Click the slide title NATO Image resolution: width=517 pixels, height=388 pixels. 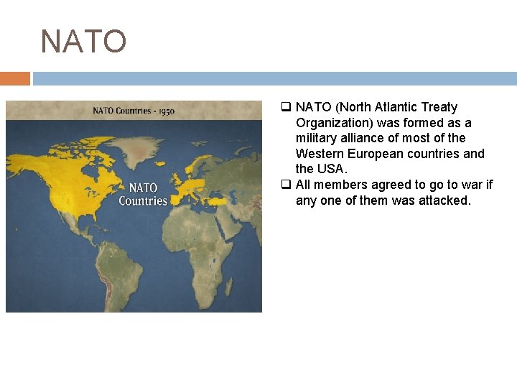(83, 42)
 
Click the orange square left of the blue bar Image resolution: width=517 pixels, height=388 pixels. (15, 78)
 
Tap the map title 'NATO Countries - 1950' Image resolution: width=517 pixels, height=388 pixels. (133, 111)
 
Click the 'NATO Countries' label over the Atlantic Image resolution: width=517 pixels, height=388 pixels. (142, 194)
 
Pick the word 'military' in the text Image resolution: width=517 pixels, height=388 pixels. (317, 138)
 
